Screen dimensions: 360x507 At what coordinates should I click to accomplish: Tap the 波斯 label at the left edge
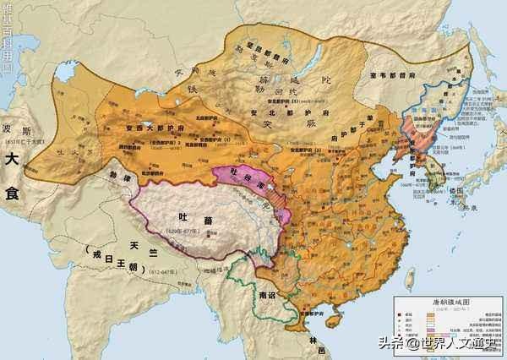coord(19,134)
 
